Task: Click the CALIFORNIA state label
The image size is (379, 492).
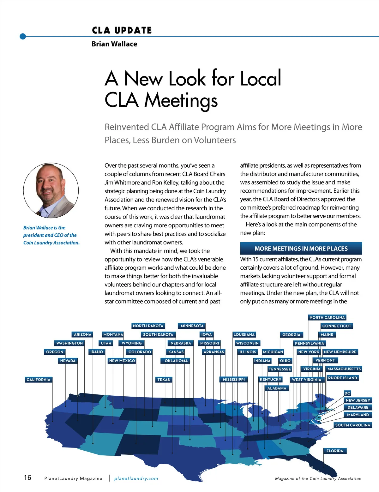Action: (x=39, y=380)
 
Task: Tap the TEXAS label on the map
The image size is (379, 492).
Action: (x=164, y=380)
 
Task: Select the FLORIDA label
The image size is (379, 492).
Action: (x=335, y=451)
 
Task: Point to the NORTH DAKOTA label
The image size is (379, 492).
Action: (x=148, y=326)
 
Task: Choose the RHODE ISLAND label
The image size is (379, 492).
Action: (x=342, y=378)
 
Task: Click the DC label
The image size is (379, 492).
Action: (x=347, y=393)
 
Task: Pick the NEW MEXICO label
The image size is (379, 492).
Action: (x=122, y=361)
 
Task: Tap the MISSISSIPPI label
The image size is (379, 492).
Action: (x=234, y=380)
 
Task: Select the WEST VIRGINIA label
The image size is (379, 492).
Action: (x=307, y=380)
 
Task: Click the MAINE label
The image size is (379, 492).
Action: (x=327, y=335)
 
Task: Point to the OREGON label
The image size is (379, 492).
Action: (x=55, y=352)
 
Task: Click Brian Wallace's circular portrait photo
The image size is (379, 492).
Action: (x=51, y=190)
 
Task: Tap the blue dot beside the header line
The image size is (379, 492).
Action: (x=23, y=36)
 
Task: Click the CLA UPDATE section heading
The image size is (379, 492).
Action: (x=122, y=30)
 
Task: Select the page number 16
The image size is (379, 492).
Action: (x=27, y=477)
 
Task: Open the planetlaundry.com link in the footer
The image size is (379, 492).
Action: (x=136, y=478)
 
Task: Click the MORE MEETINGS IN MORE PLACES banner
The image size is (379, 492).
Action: (x=301, y=249)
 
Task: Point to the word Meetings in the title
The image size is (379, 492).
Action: (x=181, y=100)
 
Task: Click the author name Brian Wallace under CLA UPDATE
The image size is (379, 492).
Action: (x=114, y=44)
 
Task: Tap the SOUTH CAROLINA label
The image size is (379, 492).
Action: (x=352, y=425)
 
